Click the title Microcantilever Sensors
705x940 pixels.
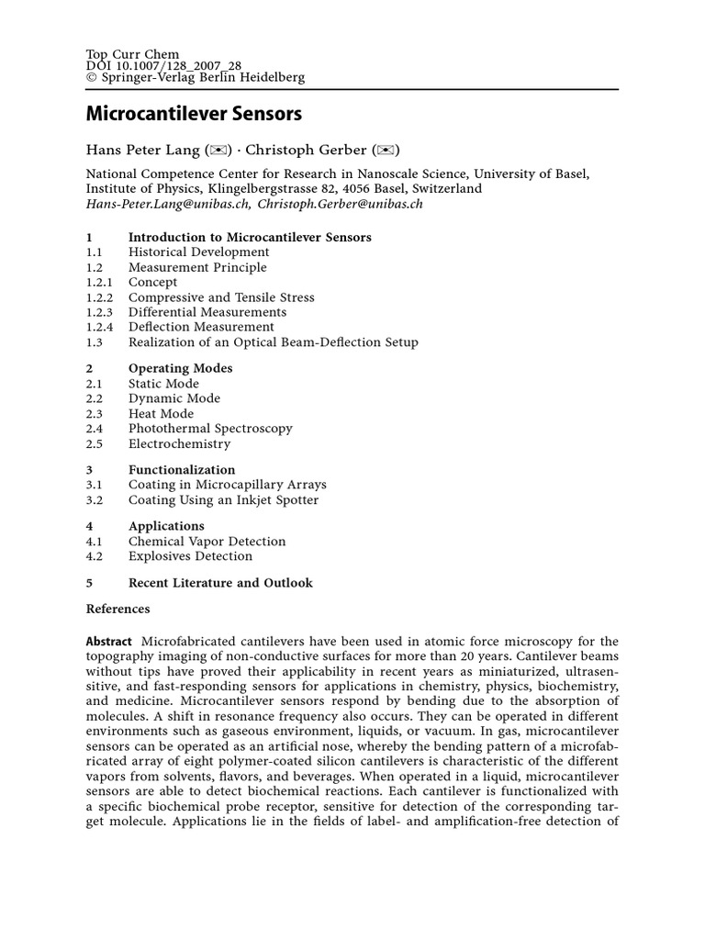pos(194,115)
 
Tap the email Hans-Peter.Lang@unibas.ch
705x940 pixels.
pos(169,204)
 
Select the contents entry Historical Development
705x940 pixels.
pos(198,252)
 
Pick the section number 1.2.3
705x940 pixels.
pos(99,312)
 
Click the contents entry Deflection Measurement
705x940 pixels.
pos(201,327)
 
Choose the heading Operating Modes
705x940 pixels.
pos(180,368)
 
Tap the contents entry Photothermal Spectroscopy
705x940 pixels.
pos(210,429)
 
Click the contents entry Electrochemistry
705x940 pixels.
pos(179,443)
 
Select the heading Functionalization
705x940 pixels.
pos(182,470)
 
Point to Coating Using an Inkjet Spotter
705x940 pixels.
pos(223,500)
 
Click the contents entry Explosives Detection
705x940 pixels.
pos(190,556)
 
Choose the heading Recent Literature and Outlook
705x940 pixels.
pos(220,583)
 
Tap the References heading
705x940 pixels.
pos(117,609)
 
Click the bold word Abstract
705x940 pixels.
pos(109,641)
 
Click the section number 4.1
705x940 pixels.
pos(94,542)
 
